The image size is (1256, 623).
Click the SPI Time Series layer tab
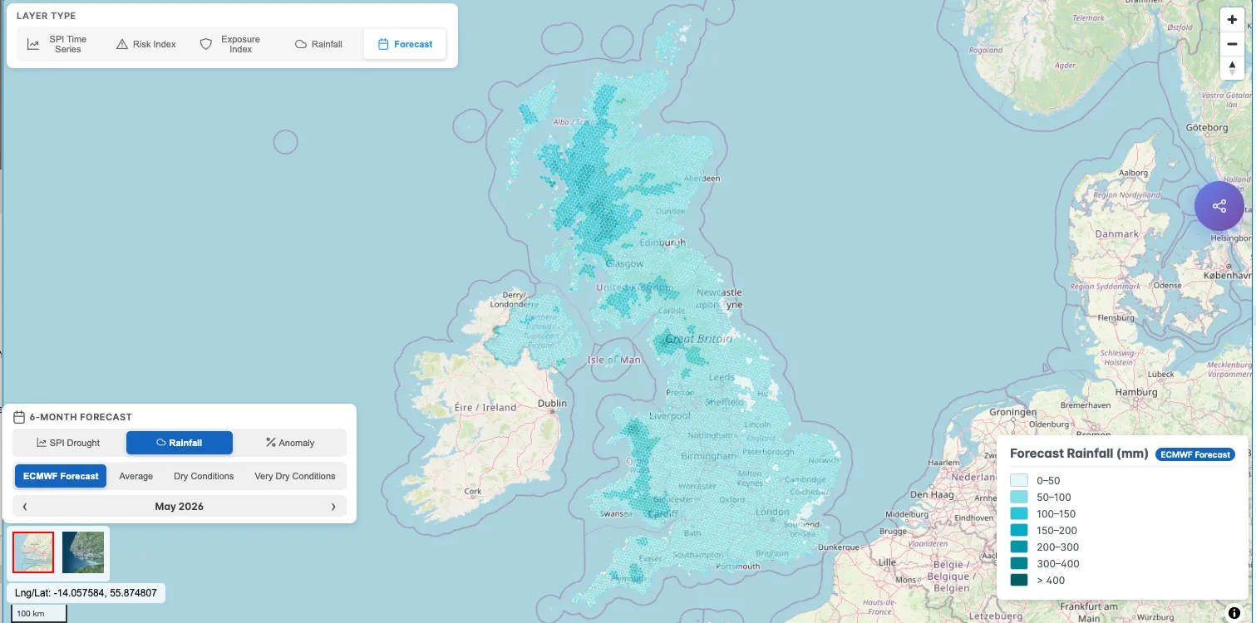(57, 44)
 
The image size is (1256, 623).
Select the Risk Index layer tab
(146, 44)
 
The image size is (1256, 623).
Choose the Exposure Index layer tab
(230, 44)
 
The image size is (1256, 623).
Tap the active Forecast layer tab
(405, 44)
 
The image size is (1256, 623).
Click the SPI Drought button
(68, 443)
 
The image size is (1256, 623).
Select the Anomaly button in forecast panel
(289, 443)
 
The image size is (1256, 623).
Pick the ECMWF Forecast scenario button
(61, 476)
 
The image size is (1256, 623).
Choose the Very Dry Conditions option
(294, 476)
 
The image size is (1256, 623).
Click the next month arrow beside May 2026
(333, 506)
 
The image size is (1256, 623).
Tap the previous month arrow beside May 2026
(24, 506)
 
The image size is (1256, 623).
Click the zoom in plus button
(1232, 20)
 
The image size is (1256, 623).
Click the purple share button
(1219, 206)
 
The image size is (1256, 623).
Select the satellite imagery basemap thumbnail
(83, 552)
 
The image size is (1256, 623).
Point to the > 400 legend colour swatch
(1019, 580)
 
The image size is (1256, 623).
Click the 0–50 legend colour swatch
(1019, 480)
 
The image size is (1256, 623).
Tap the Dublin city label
(552, 404)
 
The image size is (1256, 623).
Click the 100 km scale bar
(38, 613)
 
